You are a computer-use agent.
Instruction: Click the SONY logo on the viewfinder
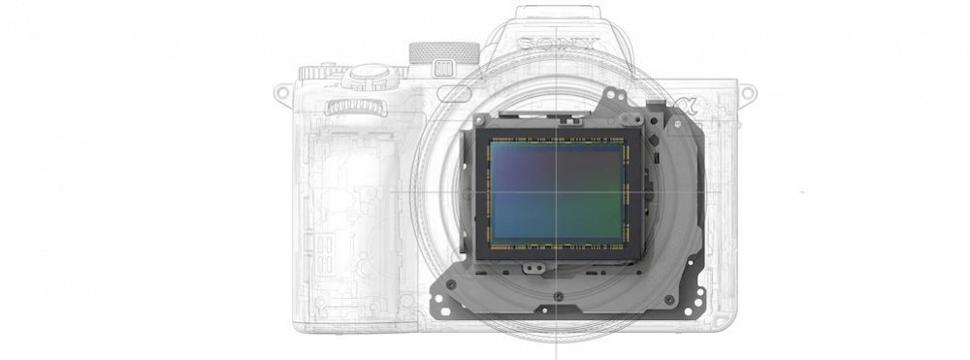[x=558, y=44]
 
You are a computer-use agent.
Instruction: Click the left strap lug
[x=282, y=93]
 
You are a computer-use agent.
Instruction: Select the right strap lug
[x=747, y=93]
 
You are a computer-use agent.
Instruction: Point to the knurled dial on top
[x=444, y=52]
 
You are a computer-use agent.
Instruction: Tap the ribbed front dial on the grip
[x=356, y=108]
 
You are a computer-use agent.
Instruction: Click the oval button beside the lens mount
[x=454, y=93]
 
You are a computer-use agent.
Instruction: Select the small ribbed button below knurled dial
[x=443, y=67]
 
